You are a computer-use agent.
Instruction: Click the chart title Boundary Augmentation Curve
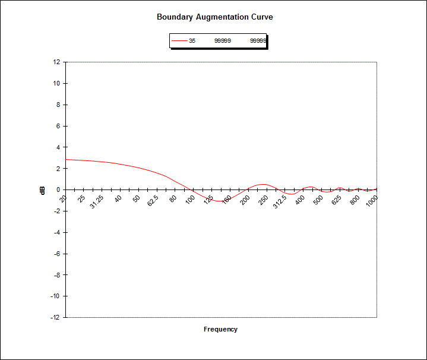click(x=214, y=17)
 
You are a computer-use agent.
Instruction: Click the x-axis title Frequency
click(x=220, y=329)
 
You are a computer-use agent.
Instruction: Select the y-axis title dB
click(x=42, y=190)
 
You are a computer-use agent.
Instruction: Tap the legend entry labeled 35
click(x=192, y=41)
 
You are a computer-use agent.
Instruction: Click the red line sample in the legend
click(x=179, y=41)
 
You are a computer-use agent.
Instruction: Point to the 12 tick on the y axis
click(x=56, y=62)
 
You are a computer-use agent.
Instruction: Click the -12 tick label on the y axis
click(x=55, y=317)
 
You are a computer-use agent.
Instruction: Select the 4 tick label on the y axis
click(x=58, y=147)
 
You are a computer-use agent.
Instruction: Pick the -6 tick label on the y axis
click(x=56, y=254)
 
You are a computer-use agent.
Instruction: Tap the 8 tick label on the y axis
click(x=58, y=105)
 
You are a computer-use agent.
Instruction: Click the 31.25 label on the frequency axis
click(x=96, y=202)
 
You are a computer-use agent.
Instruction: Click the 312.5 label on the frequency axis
click(x=280, y=202)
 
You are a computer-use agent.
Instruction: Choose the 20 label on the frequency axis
click(x=64, y=198)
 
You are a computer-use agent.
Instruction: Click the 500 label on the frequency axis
click(x=318, y=200)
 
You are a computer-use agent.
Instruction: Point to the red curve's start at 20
click(x=66, y=159)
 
